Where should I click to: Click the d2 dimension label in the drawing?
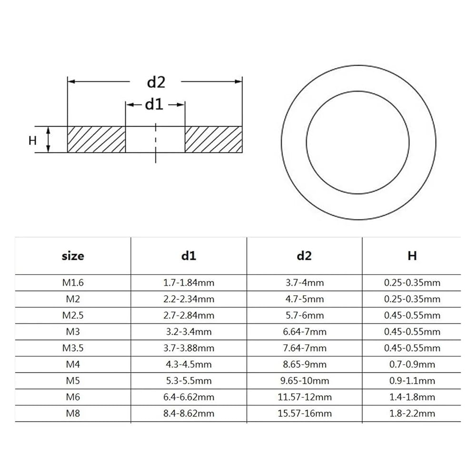click(156, 82)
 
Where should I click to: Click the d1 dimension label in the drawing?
click(154, 104)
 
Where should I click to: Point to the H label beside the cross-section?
click(32, 140)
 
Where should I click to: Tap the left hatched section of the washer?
click(96, 139)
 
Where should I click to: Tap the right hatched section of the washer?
click(214, 139)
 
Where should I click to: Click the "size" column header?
click(73, 256)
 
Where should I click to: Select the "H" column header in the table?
click(412, 256)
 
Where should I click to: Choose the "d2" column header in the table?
click(304, 256)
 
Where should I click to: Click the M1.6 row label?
click(73, 283)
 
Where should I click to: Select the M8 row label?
click(73, 413)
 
